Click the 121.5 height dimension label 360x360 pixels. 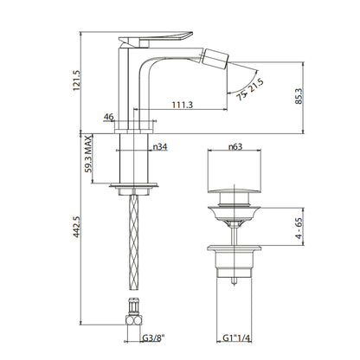click(x=77, y=80)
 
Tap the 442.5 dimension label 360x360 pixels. click(x=77, y=227)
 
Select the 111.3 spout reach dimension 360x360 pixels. click(x=183, y=105)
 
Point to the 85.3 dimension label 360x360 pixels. click(x=299, y=96)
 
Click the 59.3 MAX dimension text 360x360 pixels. click(x=88, y=154)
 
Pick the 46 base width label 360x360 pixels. click(x=109, y=117)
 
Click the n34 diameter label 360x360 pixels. click(x=160, y=147)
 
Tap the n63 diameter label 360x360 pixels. click(x=235, y=147)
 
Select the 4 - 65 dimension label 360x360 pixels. click(x=299, y=228)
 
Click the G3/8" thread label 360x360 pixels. click(x=153, y=337)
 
